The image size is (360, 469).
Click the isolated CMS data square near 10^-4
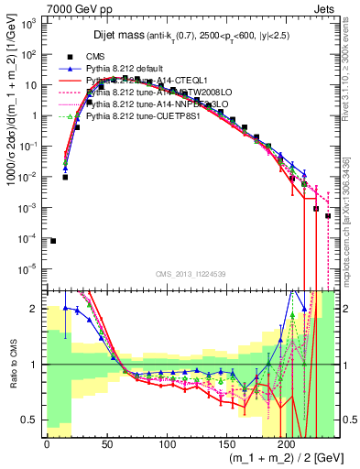tap(53, 241)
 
